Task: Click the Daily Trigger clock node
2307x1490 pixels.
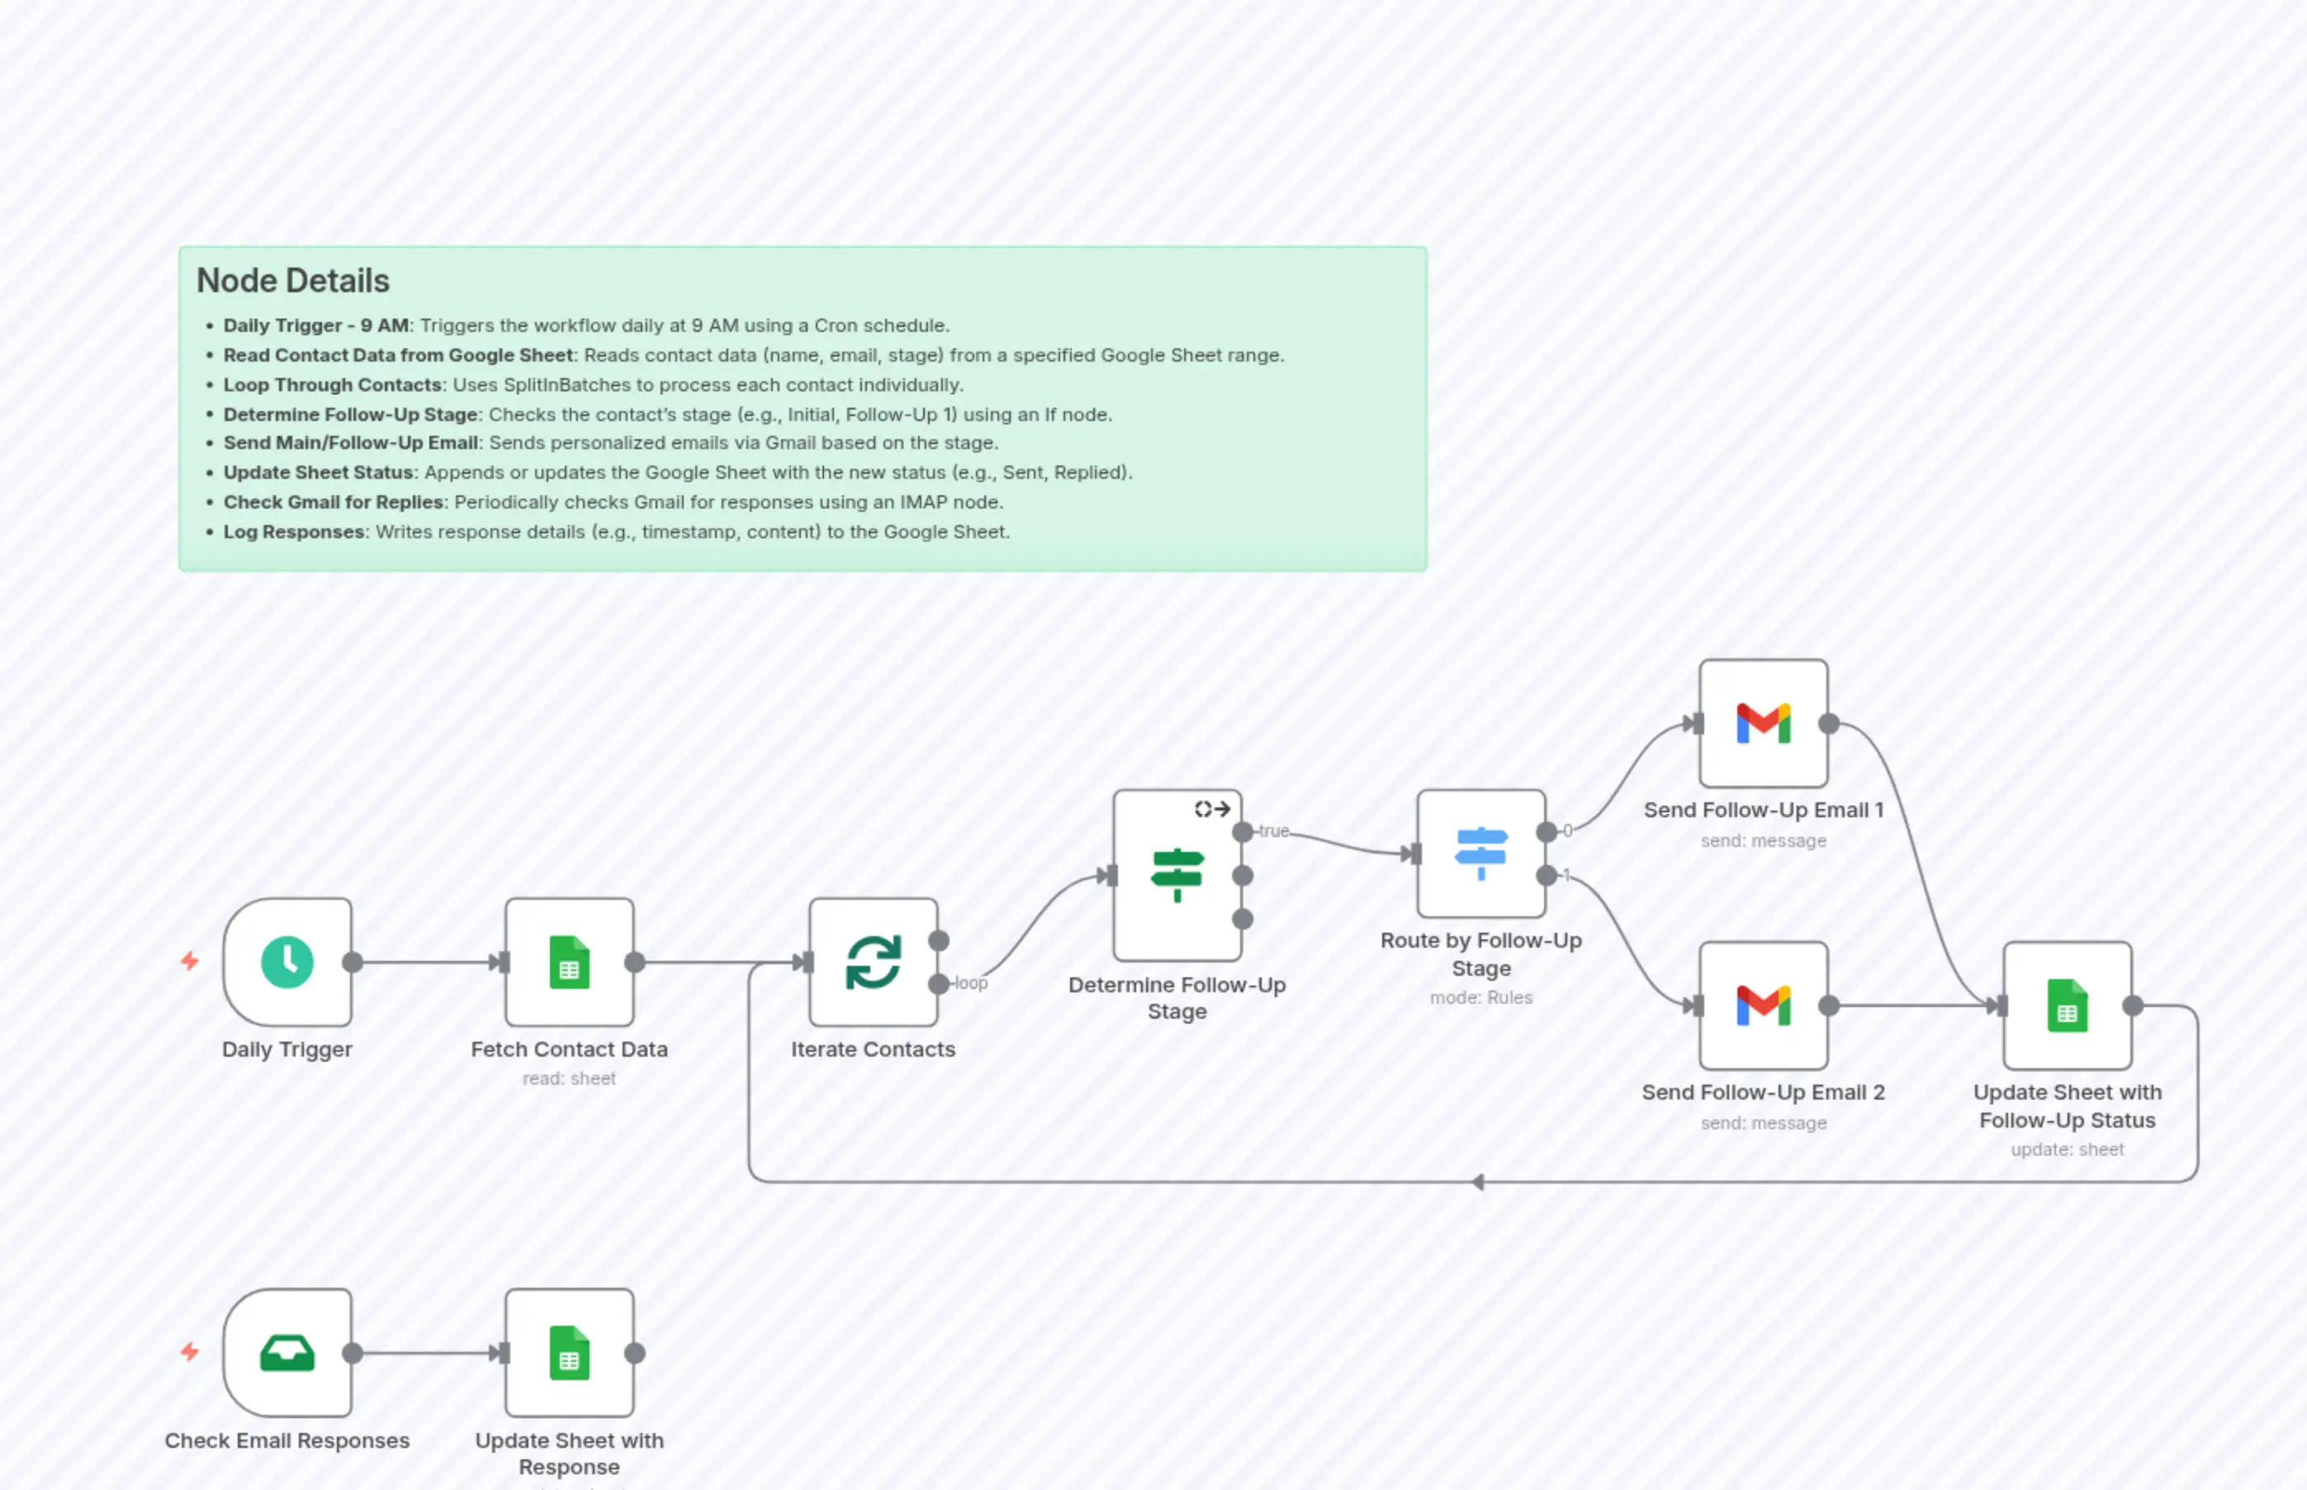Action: click(287, 962)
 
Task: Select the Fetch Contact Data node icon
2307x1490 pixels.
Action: click(569, 962)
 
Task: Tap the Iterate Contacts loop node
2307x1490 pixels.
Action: click(873, 962)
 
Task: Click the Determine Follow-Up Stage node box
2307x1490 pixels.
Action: click(1177, 875)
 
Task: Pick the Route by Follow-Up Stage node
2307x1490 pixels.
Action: click(1480, 854)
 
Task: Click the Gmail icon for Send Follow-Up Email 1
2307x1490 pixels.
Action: click(1763, 724)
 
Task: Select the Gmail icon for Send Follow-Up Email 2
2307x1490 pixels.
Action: click(1763, 1005)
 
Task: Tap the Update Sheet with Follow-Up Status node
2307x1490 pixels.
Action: click(2067, 1005)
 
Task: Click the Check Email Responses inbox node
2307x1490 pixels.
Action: click(287, 1353)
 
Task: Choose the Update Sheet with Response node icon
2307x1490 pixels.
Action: click(569, 1353)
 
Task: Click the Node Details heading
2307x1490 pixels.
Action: click(292, 281)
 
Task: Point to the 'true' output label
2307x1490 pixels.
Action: click(1273, 831)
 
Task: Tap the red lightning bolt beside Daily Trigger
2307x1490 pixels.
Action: click(190, 961)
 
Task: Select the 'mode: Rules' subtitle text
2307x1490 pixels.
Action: click(1480, 997)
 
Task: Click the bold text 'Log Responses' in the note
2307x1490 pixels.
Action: click(294, 532)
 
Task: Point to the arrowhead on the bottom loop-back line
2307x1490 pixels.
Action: click(1478, 1182)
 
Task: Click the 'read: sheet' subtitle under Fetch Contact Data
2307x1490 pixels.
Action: click(569, 1079)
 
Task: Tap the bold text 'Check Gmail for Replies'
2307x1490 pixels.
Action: click(333, 502)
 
